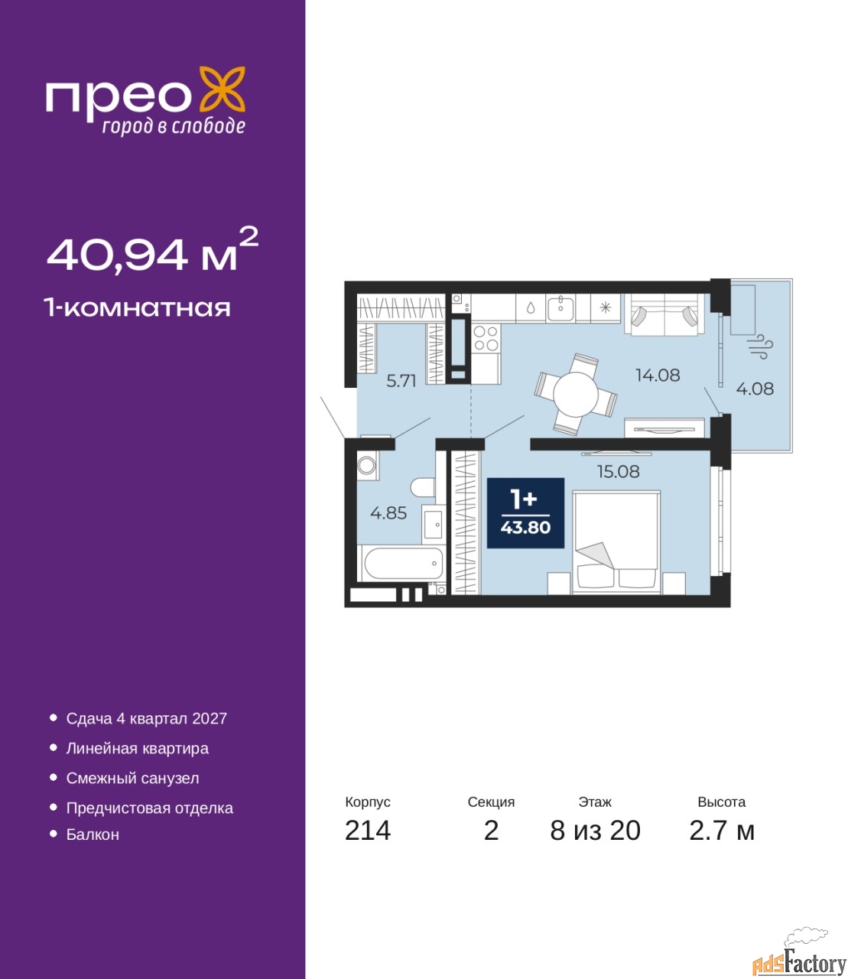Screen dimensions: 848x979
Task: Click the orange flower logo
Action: click(222, 89)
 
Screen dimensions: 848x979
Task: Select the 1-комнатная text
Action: click(138, 308)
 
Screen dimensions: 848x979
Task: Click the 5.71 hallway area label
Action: click(401, 381)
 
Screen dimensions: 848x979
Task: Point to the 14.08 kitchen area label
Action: click(658, 375)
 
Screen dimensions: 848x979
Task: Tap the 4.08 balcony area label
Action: click(755, 389)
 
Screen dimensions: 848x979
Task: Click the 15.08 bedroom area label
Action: click(619, 471)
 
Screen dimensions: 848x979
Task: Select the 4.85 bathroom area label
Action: click(388, 512)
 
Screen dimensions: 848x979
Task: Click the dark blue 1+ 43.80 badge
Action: click(525, 513)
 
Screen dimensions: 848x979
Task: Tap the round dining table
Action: click(576, 395)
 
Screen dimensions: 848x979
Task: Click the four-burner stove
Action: click(486, 338)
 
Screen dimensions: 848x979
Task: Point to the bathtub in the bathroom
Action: click(404, 563)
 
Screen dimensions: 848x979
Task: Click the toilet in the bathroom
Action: click(423, 487)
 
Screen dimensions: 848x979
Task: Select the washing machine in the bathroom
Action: click(368, 465)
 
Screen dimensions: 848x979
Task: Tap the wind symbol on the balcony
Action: click(760, 346)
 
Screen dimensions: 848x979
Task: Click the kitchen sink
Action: click(560, 307)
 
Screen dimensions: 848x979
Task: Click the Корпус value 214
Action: click(368, 831)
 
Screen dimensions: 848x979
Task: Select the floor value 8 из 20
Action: click(595, 831)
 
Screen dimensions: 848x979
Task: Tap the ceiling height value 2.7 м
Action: click(722, 831)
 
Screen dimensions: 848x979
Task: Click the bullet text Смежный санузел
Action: click(132, 778)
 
